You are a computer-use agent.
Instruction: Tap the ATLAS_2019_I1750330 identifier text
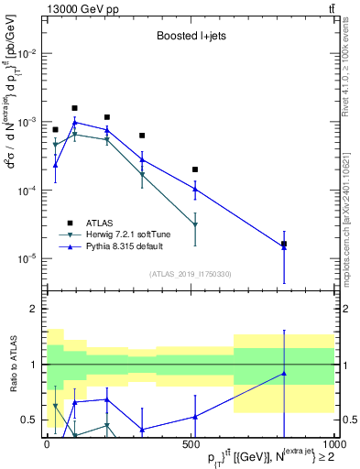pos(190,274)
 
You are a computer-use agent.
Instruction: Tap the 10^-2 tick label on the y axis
pos(27,54)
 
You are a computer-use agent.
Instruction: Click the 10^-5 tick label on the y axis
pos(27,258)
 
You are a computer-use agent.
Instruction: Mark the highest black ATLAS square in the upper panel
pos(75,108)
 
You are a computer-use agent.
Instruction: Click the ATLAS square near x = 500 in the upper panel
pos(195,169)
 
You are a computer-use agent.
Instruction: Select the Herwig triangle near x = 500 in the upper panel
pos(195,224)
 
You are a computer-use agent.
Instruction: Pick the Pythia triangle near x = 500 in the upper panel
pos(195,189)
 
